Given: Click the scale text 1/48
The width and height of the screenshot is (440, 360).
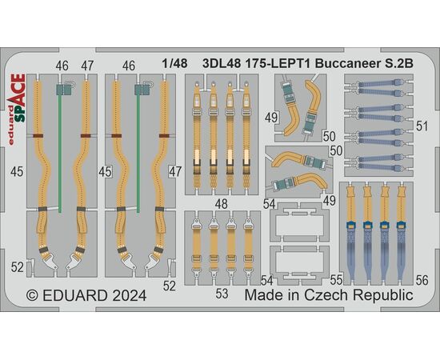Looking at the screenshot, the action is pos(174,63).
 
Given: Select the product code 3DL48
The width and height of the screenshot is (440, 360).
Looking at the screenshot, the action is pos(222,64).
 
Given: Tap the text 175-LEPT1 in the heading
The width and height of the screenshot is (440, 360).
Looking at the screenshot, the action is pos(278,64).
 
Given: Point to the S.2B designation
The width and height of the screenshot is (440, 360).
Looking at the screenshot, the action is pos(398,64).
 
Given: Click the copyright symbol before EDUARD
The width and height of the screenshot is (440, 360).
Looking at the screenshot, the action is pos(32,295).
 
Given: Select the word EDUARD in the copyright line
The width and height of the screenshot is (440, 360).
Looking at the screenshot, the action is pos(75,295).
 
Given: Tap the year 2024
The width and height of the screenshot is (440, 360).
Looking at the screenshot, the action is pos(130,295).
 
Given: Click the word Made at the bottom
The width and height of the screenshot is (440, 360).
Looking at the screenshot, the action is pos(262,295).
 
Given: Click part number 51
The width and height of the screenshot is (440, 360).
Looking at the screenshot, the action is pos(422,126).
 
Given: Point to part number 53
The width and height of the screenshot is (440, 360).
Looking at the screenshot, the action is pos(222,294).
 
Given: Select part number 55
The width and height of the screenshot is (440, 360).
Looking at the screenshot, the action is pos(336,280).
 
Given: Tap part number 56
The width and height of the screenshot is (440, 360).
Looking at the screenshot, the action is pos(422,280).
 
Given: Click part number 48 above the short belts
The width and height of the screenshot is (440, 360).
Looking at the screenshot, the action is pos(222,204).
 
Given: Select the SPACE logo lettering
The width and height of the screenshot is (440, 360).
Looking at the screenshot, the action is pos(20,98).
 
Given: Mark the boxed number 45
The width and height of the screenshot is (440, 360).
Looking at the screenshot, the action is pos(105,172).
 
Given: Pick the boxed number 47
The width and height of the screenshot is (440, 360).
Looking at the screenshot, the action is pos(175,171).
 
